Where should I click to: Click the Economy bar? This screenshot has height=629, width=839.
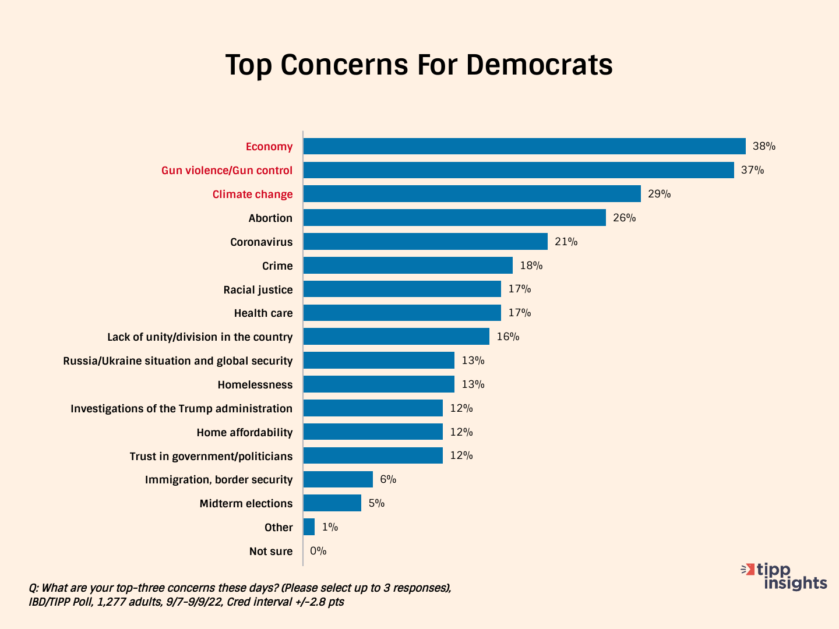pyautogui.click(x=524, y=146)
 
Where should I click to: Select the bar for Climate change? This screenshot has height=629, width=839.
pyautogui.click(x=472, y=194)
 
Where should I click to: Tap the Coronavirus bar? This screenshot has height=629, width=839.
pyautogui.click(x=425, y=242)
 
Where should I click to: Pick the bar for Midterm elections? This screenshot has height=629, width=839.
pyautogui.click(x=332, y=503)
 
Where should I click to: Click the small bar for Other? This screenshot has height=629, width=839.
pyautogui.click(x=309, y=527)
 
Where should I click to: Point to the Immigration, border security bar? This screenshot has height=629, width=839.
pyautogui.click(x=338, y=479)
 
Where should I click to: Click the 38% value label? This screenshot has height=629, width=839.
pyautogui.click(x=764, y=146)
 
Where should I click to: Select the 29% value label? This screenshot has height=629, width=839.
pyautogui.click(x=659, y=194)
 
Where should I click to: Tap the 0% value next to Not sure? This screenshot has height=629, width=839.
pyautogui.click(x=318, y=551)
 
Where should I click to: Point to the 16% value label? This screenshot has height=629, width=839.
pyautogui.click(x=507, y=337)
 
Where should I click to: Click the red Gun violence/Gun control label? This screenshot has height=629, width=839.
pyautogui.click(x=227, y=170)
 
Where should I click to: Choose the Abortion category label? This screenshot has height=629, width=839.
pyautogui.click(x=270, y=218)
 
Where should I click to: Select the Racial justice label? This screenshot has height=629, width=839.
pyautogui.click(x=258, y=289)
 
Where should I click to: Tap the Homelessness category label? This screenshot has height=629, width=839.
pyautogui.click(x=255, y=384)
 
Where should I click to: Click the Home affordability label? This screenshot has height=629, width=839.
pyautogui.click(x=245, y=432)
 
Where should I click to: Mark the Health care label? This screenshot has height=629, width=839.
pyautogui.click(x=263, y=313)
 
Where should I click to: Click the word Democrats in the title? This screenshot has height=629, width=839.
pyautogui.click(x=539, y=64)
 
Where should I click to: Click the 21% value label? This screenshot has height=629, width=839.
pyautogui.click(x=566, y=242)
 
